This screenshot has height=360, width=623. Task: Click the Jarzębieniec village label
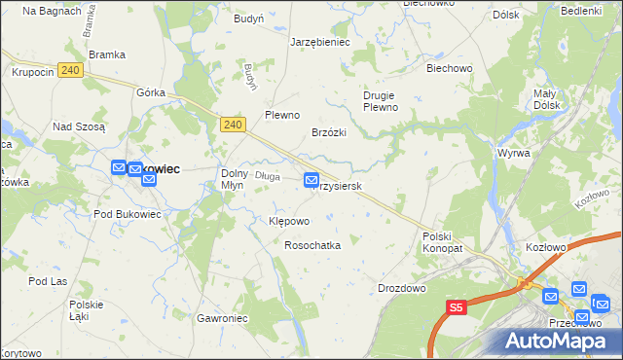pyautogui.click(x=319, y=43)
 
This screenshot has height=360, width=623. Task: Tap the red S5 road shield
pyautogui.click(x=458, y=307)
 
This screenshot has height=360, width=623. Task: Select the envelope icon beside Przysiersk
pyautogui.click(x=311, y=180)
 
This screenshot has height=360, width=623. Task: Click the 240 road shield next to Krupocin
pyautogui.click(x=68, y=71)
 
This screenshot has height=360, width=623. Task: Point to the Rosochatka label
pyautogui.click(x=311, y=246)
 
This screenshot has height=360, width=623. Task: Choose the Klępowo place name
pyautogui.click(x=288, y=221)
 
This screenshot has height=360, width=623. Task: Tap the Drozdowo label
pyautogui.click(x=402, y=289)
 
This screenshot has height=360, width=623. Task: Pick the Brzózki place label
pyautogui.click(x=329, y=131)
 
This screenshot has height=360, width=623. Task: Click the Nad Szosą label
pyautogui.click(x=79, y=126)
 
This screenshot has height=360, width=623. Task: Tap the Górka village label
pyautogui.click(x=151, y=92)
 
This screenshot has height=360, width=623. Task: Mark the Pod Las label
pyautogui.click(x=45, y=281)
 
